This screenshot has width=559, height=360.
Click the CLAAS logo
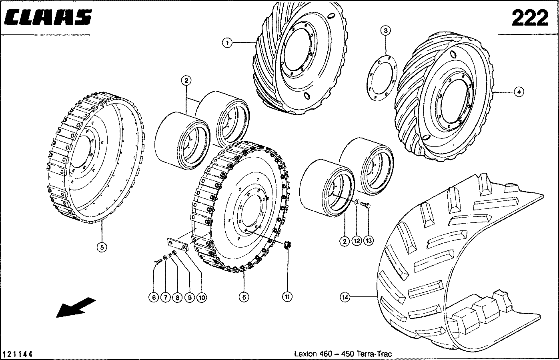point(48,17)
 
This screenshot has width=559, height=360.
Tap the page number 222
point(530,18)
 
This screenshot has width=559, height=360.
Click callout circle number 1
point(227,42)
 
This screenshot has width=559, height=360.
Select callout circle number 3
point(385,30)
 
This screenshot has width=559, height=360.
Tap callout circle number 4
point(519,92)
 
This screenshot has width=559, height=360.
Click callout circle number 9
point(189,297)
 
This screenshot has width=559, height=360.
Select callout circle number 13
point(368,241)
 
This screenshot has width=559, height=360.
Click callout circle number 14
point(345,297)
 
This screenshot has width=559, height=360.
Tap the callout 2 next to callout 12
point(344,241)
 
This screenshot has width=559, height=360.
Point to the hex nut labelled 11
point(287,245)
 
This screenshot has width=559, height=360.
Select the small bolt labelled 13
point(366,205)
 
